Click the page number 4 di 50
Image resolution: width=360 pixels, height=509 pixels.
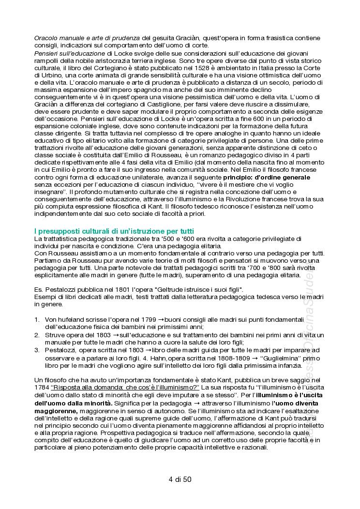click(180, 479)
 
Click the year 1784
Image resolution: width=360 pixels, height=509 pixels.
click(42, 388)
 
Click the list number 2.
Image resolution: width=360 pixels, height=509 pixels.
click(37, 335)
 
